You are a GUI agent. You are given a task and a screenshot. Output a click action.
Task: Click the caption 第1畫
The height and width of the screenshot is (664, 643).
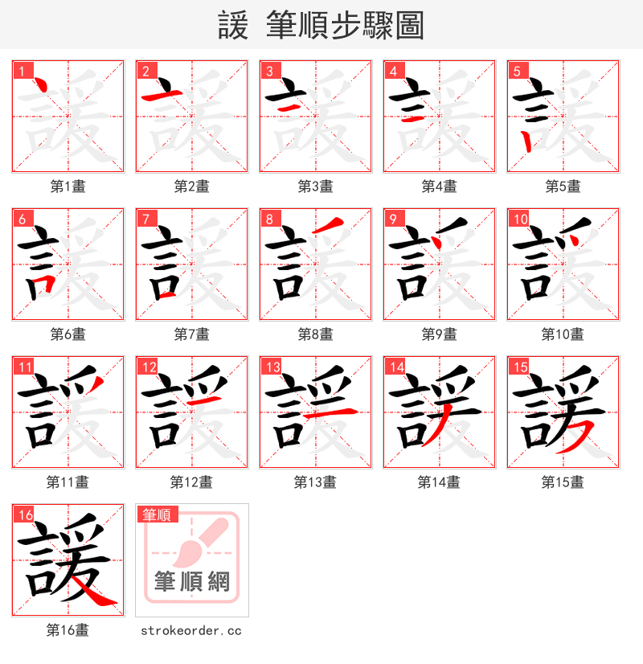pos(68,186)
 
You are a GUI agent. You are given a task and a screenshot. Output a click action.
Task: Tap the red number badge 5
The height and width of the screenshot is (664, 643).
pos(516,71)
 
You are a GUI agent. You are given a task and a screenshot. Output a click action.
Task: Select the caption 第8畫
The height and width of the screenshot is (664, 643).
pos(315,334)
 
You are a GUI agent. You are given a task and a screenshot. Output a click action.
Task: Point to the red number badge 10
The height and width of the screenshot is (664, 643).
pos(519,219)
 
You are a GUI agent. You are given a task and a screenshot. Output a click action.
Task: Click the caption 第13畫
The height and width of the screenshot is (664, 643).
pos(315,482)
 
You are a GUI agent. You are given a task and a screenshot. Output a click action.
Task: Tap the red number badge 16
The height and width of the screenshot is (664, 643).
pos(24,514)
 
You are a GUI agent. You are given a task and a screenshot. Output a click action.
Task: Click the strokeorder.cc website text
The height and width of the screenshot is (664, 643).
pos(190,631)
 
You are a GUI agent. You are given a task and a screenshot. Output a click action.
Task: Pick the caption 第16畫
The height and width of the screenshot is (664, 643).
pos(68,630)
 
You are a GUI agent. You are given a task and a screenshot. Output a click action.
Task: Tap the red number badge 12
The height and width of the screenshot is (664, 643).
pos(148,367)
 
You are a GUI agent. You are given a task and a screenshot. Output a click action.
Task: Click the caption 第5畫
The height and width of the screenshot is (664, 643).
pos(563,186)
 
